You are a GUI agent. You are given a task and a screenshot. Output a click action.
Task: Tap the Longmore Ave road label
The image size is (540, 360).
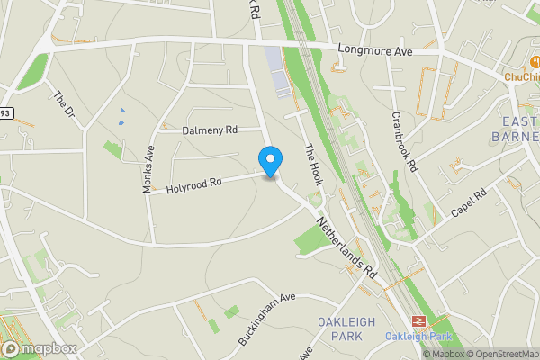(374, 51)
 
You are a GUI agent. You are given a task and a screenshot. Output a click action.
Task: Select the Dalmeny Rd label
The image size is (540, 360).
(210, 130)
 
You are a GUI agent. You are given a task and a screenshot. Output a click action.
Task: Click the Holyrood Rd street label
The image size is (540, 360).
(193, 186)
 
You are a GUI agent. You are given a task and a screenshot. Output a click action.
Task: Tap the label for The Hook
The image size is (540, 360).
(312, 166)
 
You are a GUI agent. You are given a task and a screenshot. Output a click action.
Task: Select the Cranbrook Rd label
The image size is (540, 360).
(405, 142)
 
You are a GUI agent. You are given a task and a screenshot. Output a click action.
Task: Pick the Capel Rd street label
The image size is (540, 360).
(468, 202)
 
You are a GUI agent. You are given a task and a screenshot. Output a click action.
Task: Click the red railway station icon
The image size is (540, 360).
(418, 321)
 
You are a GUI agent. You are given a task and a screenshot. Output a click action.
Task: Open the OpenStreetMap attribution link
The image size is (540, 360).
(502, 354)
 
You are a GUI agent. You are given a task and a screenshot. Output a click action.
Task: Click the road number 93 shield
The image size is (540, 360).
(6, 113)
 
